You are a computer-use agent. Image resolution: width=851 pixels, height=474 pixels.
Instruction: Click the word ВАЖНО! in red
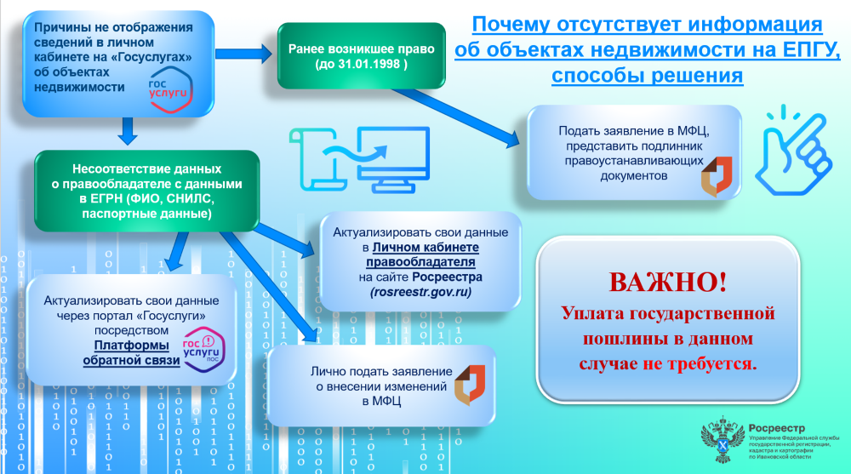click(667, 282)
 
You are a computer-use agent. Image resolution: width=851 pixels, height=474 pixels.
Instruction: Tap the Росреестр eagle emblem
click(722, 439)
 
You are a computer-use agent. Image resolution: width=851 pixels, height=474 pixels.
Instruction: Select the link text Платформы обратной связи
click(131, 353)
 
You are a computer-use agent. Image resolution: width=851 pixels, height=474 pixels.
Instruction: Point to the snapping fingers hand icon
click(793, 151)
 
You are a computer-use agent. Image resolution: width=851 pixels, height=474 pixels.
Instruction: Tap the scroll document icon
click(317, 159)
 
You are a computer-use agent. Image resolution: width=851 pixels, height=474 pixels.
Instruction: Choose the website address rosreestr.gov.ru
click(420, 292)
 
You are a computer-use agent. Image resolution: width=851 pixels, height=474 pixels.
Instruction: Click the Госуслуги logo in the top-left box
click(170, 89)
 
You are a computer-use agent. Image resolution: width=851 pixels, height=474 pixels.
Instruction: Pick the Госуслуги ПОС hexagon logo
click(203, 349)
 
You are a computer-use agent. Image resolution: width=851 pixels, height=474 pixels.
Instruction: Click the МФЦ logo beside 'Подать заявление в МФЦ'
click(717, 176)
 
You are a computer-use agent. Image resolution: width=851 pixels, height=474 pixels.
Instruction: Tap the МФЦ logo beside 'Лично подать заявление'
click(470, 385)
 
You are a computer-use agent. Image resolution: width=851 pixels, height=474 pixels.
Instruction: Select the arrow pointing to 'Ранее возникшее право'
click(243, 54)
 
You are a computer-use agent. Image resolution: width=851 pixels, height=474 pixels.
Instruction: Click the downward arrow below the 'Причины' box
click(128, 131)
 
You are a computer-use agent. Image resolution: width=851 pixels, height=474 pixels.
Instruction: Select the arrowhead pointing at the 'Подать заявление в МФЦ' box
click(512, 140)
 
